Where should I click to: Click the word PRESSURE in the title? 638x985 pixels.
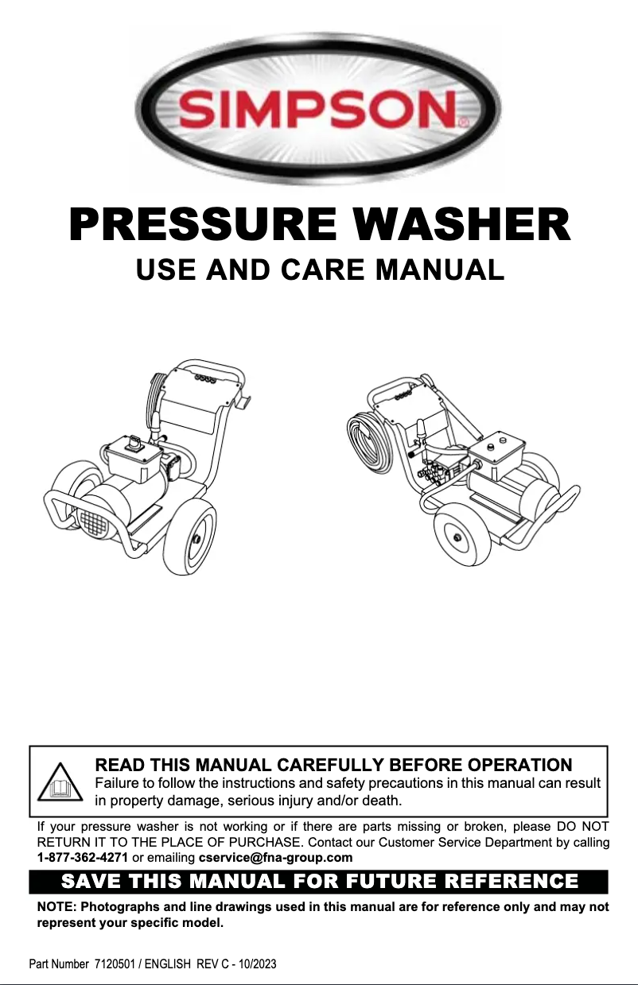tap(193, 225)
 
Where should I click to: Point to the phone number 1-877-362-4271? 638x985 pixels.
tap(83, 858)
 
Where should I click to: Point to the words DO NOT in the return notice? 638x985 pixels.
tap(584, 828)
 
